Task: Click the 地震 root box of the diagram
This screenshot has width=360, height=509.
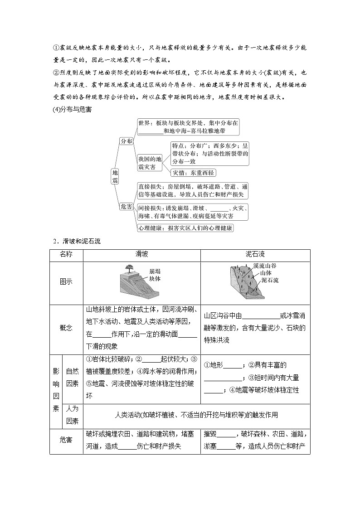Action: tap(115, 176)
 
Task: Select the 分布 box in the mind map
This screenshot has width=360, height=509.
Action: tap(126, 141)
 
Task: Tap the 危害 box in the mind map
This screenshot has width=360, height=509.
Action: tap(126, 206)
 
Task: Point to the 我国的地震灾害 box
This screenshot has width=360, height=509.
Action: tap(150, 163)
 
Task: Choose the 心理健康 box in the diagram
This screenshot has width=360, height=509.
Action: tap(185, 228)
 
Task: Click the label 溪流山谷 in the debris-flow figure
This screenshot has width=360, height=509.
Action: tap(266, 267)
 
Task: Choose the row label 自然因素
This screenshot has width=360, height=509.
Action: tap(73, 377)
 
